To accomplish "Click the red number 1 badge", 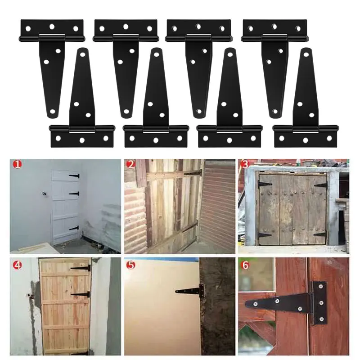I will click(x=17, y=165).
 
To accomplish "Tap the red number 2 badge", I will click(x=131, y=165).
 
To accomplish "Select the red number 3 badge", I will click(x=245, y=165).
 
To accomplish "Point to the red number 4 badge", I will click(x=17, y=265).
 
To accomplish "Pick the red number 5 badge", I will click(x=131, y=265).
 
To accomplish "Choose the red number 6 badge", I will click(x=245, y=265).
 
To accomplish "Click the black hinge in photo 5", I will click(x=189, y=291).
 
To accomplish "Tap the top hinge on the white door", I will click(x=74, y=176).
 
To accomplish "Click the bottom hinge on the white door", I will click(x=74, y=228).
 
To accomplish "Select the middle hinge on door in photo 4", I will click(x=81, y=295).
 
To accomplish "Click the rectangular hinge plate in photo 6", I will click(x=319, y=304).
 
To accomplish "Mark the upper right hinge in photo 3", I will click(x=320, y=185).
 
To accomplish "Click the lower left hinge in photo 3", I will click(x=265, y=234).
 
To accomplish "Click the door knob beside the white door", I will click(x=45, y=194).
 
